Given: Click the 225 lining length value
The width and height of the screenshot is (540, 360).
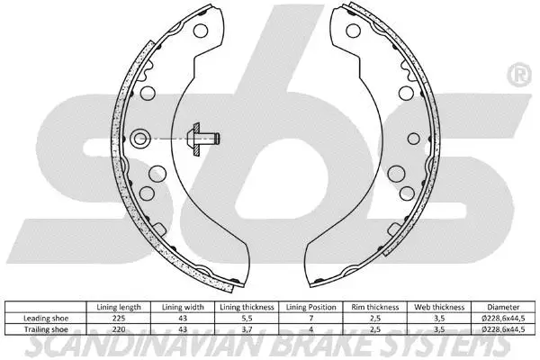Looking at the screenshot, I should (x=118, y=319).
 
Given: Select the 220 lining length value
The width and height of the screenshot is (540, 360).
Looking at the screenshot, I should (x=118, y=329).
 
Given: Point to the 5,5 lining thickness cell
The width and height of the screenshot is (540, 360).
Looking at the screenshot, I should (x=245, y=319).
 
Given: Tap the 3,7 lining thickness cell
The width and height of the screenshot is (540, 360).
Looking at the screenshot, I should (x=245, y=329).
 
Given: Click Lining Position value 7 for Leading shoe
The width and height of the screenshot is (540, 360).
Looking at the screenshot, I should (x=309, y=319).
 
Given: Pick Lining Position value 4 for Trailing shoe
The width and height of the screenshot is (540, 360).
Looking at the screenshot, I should (x=309, y=329).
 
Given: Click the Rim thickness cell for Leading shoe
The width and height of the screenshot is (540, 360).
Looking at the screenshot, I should (x=373, y=319).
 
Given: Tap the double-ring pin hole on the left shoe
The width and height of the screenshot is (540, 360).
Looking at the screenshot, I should (x=140, y=138).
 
